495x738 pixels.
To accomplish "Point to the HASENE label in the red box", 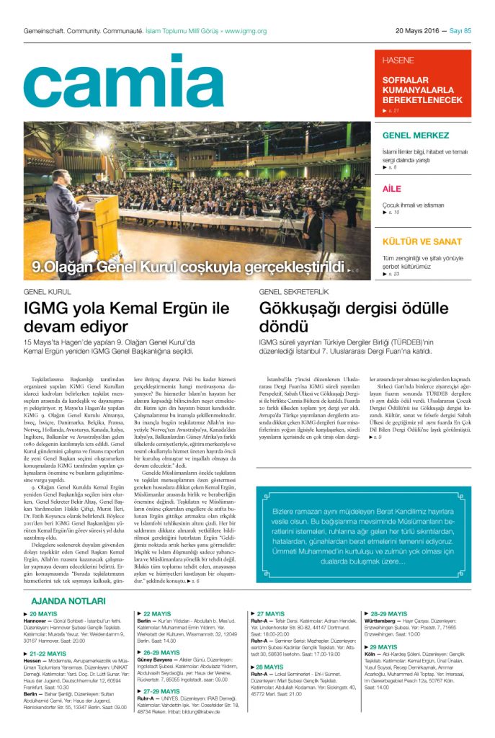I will coord(398,60).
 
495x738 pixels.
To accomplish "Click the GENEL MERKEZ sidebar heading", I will coord(416,135).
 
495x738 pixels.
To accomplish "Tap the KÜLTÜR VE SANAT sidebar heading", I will coord(422,241).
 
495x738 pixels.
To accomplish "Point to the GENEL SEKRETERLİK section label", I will coord(294,293).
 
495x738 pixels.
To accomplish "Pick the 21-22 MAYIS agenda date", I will coord(45,653).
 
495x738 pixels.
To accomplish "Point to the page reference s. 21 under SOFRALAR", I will coord(392,110).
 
